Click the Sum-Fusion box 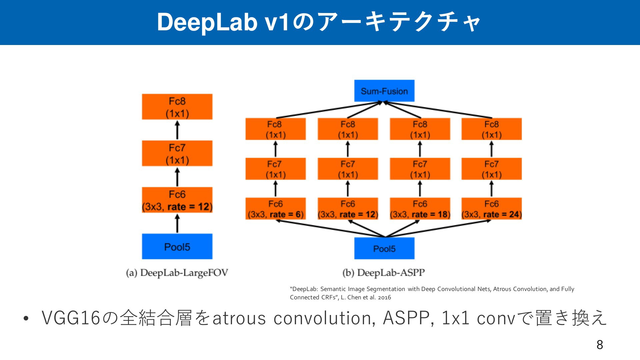[384, 91]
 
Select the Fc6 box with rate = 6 [275, 209]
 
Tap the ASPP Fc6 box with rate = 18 [420, 209]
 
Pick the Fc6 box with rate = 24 [492, 209]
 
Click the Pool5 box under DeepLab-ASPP [384, 248]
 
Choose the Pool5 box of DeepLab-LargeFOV [177, 246]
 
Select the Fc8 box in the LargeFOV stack [177, 107]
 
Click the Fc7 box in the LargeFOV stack [177, 153]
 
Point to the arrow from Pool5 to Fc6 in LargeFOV [177, 223]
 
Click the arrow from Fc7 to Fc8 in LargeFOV [177, 130]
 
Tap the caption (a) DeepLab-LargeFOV [177, 273]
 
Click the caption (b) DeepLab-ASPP [384, 273]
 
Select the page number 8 [600, 345]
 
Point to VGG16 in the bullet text [71, 318]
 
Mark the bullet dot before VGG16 [26, 318]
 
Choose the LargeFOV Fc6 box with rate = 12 [177, 200]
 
